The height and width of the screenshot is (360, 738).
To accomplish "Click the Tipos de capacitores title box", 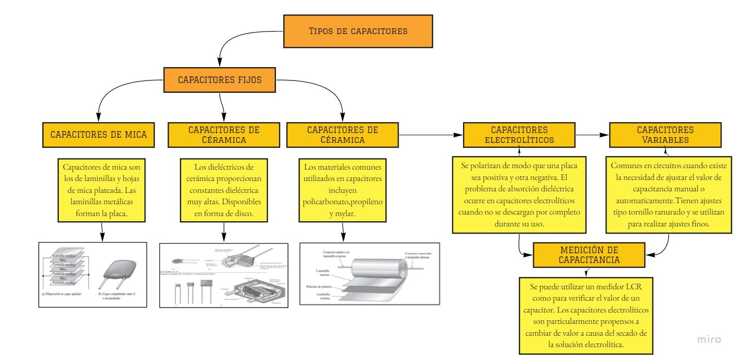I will coord(358,31).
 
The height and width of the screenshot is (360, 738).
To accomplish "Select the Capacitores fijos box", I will coord(220,80).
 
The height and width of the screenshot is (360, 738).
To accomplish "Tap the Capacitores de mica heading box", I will coord(99,135).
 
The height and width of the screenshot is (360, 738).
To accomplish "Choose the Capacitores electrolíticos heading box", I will coord(519,135).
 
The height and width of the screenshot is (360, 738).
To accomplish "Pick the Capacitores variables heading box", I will coord(665,135).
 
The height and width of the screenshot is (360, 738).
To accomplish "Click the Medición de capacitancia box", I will coord(589,255).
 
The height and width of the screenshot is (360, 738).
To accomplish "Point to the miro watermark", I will coord(709,339).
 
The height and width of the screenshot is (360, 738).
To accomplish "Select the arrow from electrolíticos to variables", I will coord(592,135).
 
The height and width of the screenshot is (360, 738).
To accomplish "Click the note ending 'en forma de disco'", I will coord(224,191).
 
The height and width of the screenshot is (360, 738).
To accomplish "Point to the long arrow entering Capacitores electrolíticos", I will coord(431,135).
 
